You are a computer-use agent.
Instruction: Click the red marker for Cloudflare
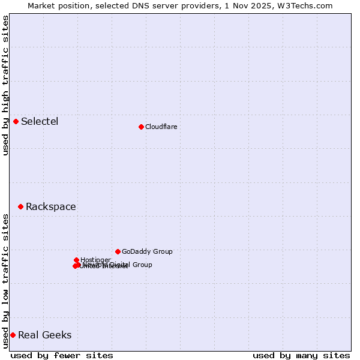[x=141, y=127]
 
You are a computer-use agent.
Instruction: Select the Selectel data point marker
[x=16, y=122]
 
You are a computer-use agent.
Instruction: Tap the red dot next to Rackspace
[x=20, y=207]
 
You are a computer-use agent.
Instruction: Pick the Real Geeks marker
[x=13, y=335]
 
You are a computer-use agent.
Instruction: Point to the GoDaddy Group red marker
[x=118, y=251]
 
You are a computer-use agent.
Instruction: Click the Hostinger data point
[x=76, y=260]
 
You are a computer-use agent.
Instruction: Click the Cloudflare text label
[x=161, y=127]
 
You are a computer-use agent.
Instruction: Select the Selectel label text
[x=40, y=122]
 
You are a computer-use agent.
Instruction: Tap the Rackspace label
[x=50, y=207]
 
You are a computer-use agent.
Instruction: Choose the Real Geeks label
[x=44, y=335]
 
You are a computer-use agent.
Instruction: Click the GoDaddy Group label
[x=147, y=251]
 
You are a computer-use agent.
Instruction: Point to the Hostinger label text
[x=95, y=260]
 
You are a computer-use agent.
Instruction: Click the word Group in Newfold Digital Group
[x=142, y=265]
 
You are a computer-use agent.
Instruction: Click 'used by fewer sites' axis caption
[x=62, y=355]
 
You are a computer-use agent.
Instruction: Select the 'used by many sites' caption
[x=301, y=355]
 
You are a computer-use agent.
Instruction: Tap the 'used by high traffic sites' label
[x=5, y=85]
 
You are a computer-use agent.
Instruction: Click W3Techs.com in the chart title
[x=308, y=5]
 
